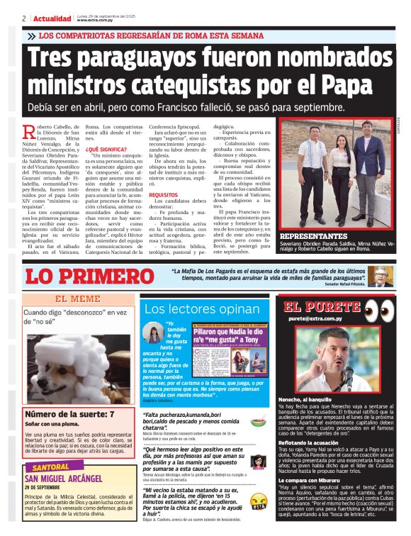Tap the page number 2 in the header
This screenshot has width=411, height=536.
point(24,18)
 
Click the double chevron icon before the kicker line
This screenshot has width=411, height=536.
point(30,35)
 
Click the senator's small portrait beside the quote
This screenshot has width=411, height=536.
point(381,277)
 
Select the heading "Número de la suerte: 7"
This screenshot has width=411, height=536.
point(69,413)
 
